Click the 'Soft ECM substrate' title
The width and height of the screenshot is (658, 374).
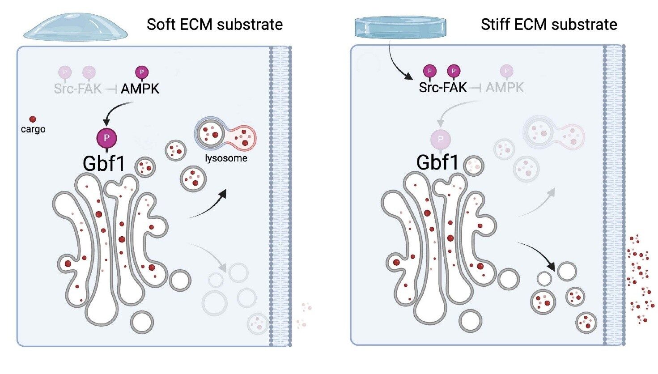point(214,24)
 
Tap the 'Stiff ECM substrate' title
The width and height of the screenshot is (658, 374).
point(549,24)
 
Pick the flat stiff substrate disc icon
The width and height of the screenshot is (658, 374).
point(400,27)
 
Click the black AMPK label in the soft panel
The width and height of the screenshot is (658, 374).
point(140,89)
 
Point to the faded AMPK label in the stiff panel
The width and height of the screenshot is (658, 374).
point(505,87)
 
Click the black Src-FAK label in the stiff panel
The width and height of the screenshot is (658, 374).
point(442,87)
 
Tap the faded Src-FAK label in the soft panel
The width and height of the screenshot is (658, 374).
point(77,89)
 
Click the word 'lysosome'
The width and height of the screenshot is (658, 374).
point(226,158)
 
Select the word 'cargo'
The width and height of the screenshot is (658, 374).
point(33,129)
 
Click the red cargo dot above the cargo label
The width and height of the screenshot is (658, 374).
point(33,119)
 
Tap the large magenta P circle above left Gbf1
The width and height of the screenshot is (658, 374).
point(106,138)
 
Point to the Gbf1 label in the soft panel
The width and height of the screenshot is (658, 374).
point(104,163)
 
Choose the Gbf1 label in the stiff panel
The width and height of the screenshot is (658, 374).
point(437,162)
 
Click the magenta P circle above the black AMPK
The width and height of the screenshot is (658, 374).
point(142,72)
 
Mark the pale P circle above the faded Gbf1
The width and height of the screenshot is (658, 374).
point(440,139)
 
